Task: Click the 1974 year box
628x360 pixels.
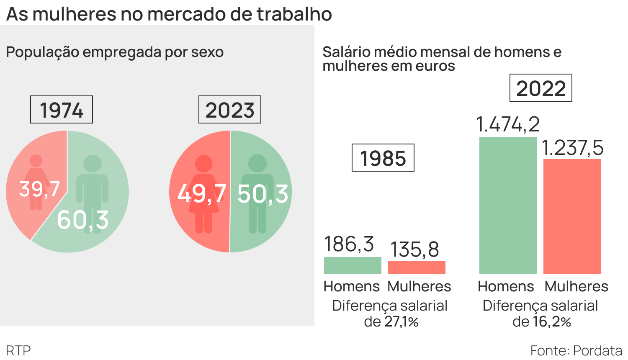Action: click(x=62, y=110)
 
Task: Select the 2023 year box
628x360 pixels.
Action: click(x=229, y=110)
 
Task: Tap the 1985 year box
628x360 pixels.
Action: click(x=383, y=158)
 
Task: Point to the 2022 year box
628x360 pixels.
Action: click(x=540, y=88)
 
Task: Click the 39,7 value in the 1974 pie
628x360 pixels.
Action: click(x=39, y=189)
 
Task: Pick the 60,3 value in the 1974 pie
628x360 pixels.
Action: click(x=83, y=220)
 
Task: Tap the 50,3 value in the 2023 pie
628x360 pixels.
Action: click(x=263, y=194)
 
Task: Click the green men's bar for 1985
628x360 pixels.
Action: click(x=353, y=265)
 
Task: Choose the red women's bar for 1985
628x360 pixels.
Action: click(x=417, y=267)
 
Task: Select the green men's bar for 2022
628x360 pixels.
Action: click(x=508, y=205)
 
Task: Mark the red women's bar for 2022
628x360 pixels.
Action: click(x=572, y=216)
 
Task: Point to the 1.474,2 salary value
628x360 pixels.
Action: click(x=508, y=124)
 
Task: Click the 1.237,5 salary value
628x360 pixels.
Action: click(x=572, y=148)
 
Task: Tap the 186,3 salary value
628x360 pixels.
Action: click(x=349, y=244)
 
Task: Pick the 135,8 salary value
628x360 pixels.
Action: click(x=414, y=249)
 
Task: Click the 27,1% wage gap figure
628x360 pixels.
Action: click(x=401, y=322)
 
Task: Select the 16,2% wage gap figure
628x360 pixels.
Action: click(x=552, y=322)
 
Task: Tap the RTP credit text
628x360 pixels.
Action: click(x=18, y=350)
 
